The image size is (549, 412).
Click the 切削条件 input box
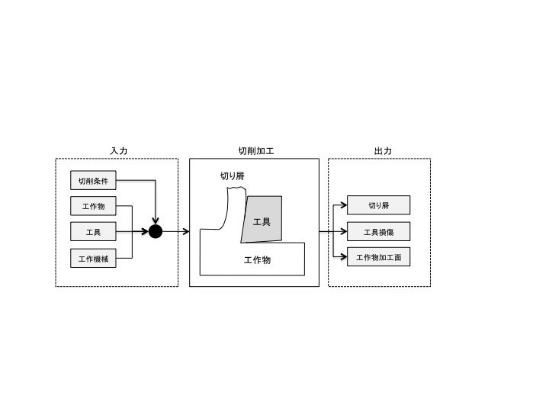tap(93, 180)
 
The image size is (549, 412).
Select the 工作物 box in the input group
tap(93, 206)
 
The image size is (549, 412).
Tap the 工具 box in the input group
tap(93, 232)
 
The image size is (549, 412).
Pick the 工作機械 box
tap(93, 258)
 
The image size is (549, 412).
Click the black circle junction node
tap(156, 232)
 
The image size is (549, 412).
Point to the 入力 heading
tap(119, 151)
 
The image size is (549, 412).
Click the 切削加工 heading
tap(256, 151)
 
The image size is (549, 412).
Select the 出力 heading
tap(383, 151)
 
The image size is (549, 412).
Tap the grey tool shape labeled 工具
tap(263, 219)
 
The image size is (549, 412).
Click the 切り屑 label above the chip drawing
tap(232, 176)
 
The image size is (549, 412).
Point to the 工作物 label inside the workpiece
tap(258, 260)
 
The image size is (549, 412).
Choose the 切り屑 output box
tap(378, 205)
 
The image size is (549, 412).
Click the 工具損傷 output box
tap(378, 232)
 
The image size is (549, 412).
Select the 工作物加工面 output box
tap(378, 257)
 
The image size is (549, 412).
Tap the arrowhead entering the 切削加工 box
tap(186, 232)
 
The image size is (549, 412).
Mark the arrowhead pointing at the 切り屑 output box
tap(343, 204)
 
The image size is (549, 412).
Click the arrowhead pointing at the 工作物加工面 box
tap(343, 257)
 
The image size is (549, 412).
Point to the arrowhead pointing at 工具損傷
tap(343, 232)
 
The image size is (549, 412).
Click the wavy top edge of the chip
tap(236, 188)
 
